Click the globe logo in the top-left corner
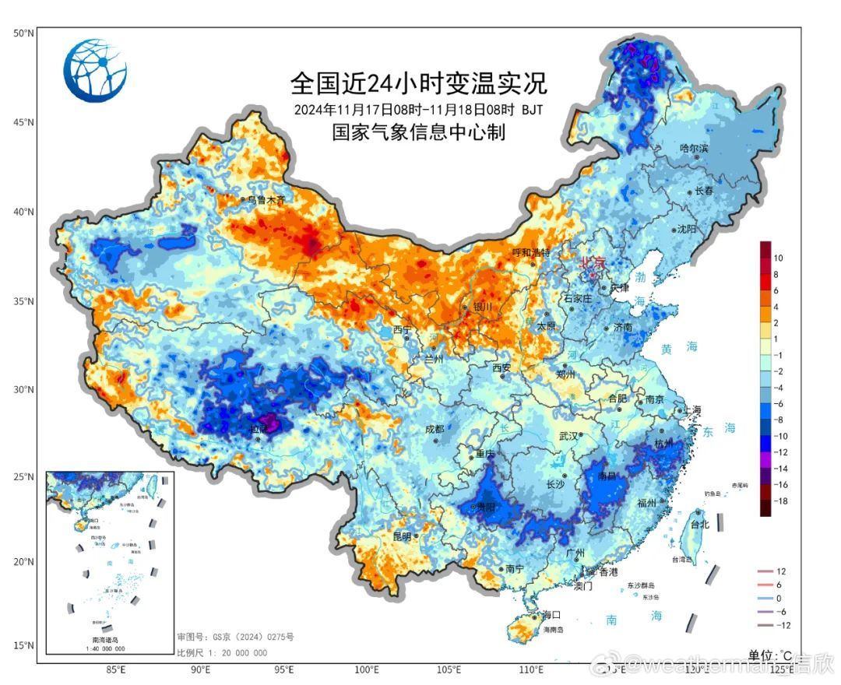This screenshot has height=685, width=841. [x=95, y=71]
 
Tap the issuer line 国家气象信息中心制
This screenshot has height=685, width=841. [x=419, y=133]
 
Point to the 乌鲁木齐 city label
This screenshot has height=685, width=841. [x=266, y=200]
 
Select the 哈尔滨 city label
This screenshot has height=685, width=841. [x=694, y=148]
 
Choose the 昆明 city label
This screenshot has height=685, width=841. [x=402, y=536]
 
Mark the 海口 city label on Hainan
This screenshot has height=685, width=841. [x=551, y=615]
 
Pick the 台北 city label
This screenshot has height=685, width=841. [x=700, y=525]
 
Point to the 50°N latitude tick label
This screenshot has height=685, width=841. [x=23, y=33]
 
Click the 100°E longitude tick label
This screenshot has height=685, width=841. [x=366, y=669]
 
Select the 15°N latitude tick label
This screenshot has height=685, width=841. [x=23, y=645]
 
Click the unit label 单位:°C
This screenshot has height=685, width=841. [x=770, y=655]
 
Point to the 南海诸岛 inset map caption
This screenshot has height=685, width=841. [x=108, y=639]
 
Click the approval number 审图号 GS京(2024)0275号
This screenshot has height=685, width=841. [x=235, y=638]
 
